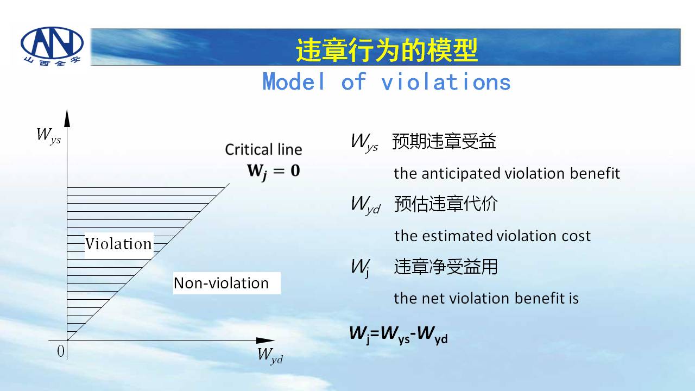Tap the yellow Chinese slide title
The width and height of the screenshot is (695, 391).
pos(387,51)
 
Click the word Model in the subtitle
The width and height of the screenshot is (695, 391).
pos(294,81)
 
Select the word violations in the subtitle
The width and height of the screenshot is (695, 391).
pos(446,81)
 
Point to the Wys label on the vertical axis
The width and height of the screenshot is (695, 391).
pos(49,136)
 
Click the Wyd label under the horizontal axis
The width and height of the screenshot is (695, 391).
pos(270,355)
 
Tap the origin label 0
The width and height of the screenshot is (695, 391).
pos(61,351)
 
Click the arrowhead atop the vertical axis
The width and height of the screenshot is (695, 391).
pos(67,118)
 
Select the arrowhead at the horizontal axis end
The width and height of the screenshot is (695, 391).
pos(266,340)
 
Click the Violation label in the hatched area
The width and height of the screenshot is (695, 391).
pos(118,244)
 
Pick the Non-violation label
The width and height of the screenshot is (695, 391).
pos(221,283)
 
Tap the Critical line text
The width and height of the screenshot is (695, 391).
pos(263,149)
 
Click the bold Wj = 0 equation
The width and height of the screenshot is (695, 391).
pos(274,172)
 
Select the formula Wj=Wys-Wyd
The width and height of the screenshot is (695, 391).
pos(399,335)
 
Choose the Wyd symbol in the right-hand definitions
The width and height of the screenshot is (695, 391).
pos(365,205)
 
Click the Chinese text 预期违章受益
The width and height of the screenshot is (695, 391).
pos(444,141)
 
